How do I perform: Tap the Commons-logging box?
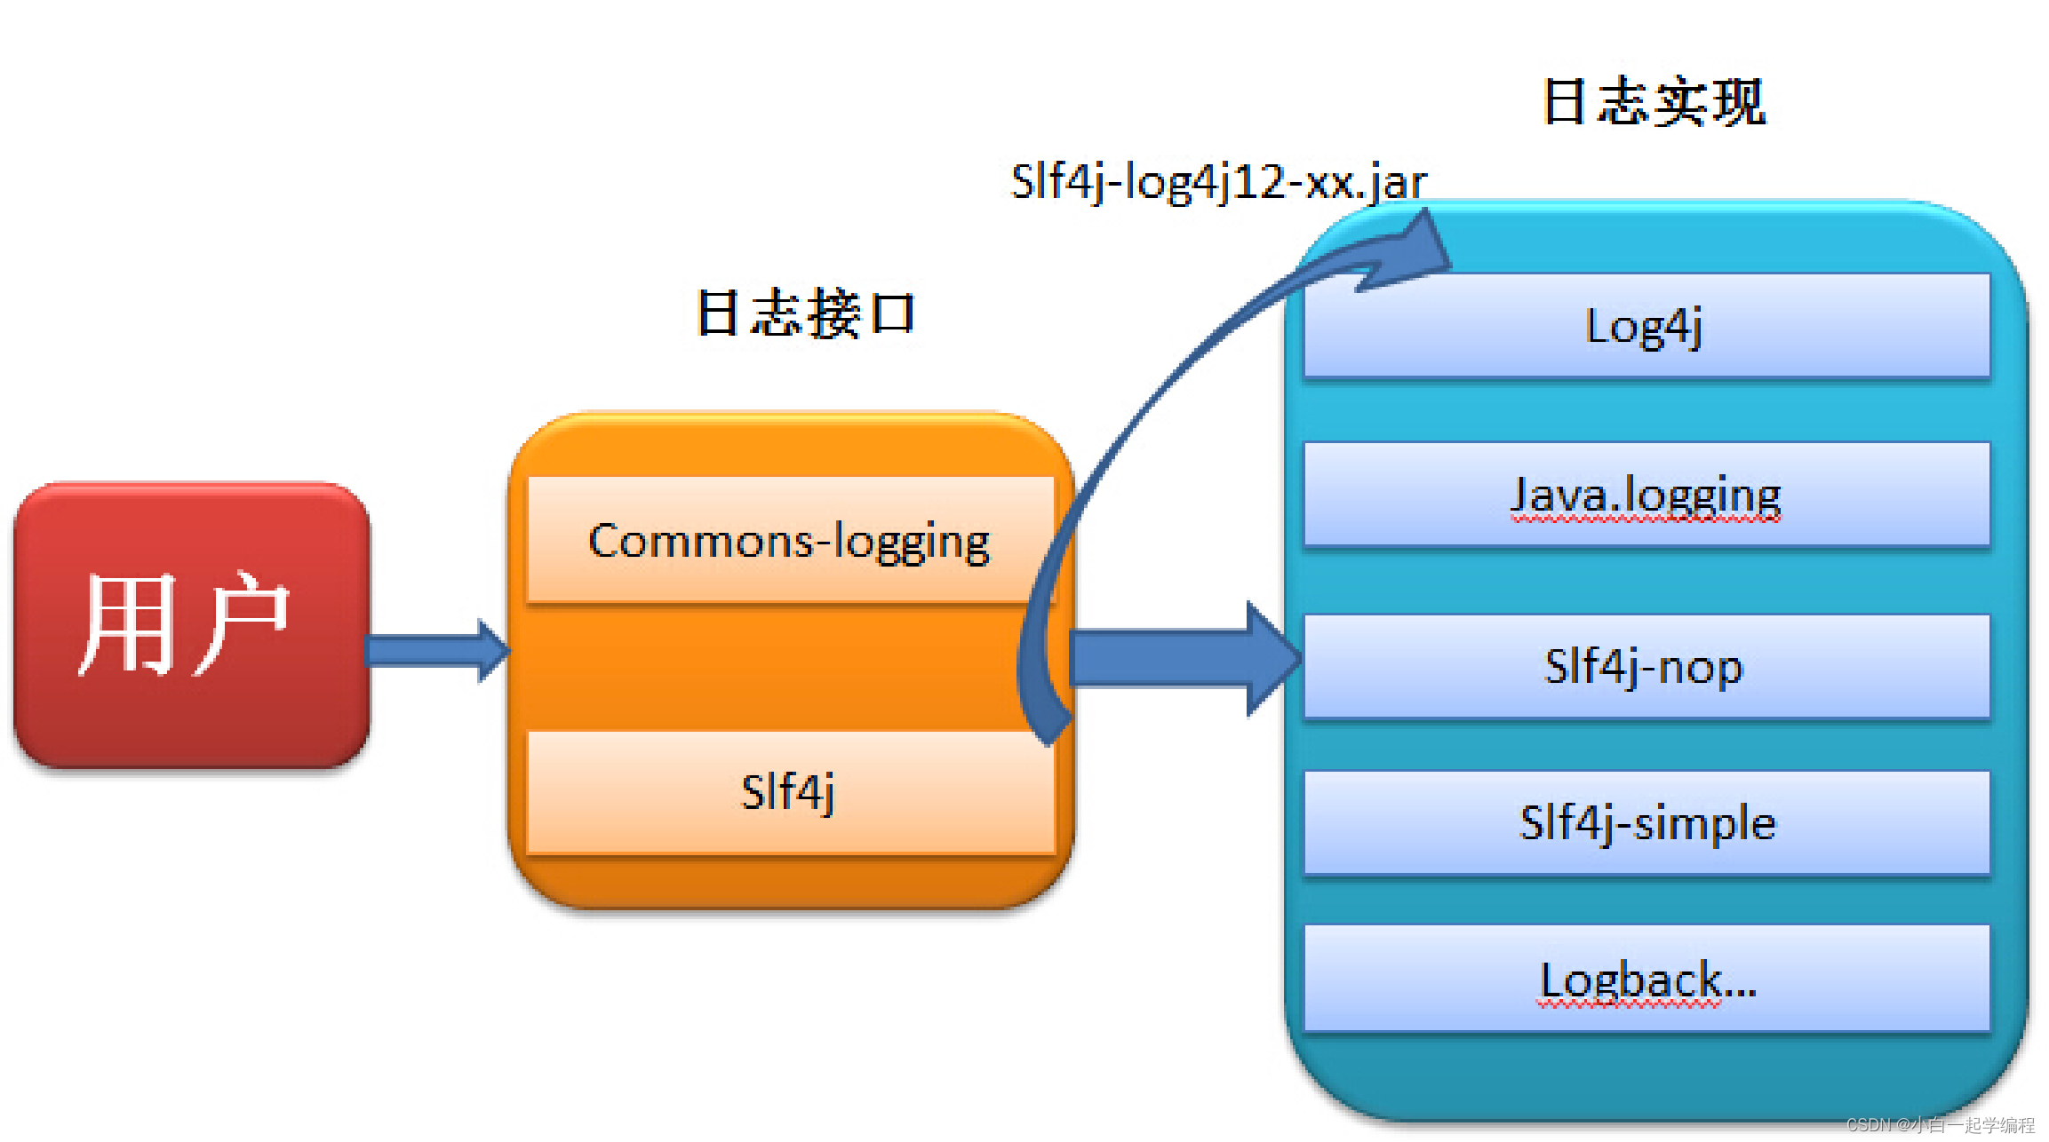[789, 541]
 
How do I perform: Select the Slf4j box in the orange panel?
[789, 791]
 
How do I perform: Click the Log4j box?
[1646, 326]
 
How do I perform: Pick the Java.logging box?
[1646, 494]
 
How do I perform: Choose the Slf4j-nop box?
[1646, 666]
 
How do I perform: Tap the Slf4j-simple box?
[1646, 822]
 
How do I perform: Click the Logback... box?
[1646, 979]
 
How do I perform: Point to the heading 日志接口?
[804, 313]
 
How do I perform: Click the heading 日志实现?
[1654, 102]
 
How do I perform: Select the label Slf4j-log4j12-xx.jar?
[1218, 182]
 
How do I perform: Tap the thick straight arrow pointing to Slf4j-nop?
[1182, 659]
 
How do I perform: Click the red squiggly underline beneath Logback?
[1630, 1005]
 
